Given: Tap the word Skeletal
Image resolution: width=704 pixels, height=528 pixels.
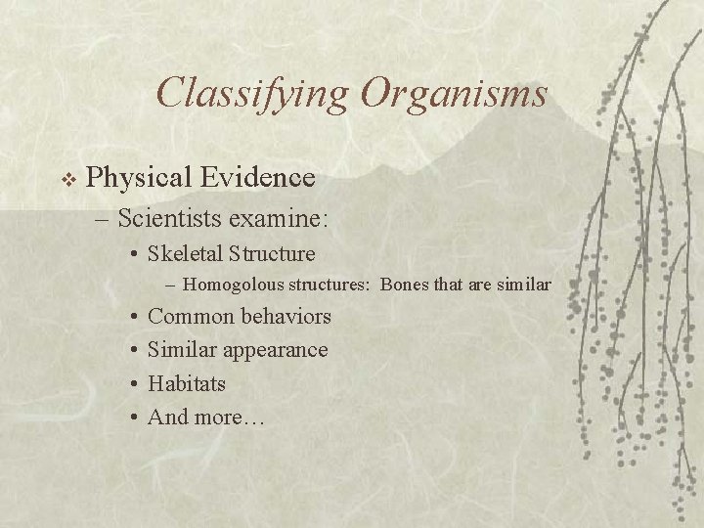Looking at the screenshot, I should point(186,254).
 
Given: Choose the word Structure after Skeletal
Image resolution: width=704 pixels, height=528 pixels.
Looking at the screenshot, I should point(272,254).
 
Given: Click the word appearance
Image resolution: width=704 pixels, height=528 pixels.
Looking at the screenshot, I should point(275,350).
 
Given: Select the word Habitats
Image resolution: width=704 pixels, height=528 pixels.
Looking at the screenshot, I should point(187,383).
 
